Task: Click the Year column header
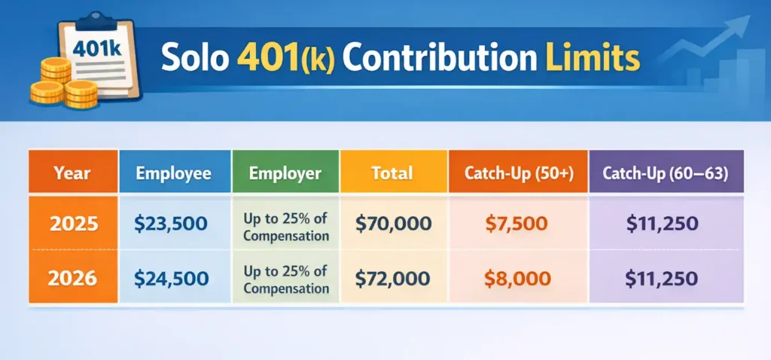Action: (73, 172)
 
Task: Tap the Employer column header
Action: (285, 172)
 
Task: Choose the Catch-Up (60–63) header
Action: (665, 172)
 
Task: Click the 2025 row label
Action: (73, 223)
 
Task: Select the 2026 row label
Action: (73, 278)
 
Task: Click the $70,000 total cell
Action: (393, 223)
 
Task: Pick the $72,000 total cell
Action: (393, 278)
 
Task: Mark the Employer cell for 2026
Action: (285, 279)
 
